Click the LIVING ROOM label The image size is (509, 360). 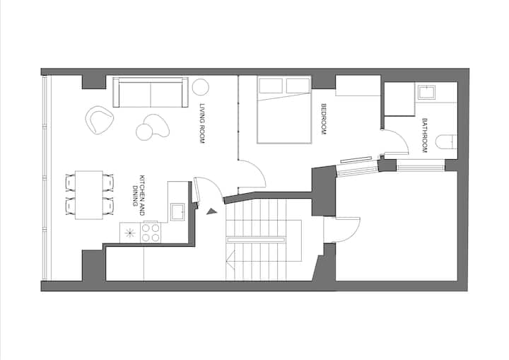coord(202,123)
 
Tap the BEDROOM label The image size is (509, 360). coord(324,119)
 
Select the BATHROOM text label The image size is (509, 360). coord(425,135)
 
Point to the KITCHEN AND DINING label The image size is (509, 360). coord(139,195)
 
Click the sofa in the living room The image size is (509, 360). coord(151,92)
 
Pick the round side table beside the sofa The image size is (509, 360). coord(200,87)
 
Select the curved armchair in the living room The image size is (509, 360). coord(100,120)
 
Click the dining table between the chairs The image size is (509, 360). coord(89,195)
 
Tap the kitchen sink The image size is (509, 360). coord(177,212)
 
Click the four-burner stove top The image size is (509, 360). coord(151,233)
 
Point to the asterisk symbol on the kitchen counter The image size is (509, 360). coord(130,233)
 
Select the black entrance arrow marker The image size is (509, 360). coord(211,211)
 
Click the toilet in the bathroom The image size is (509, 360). coord(446,142)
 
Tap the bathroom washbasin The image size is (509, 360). coord(426,92)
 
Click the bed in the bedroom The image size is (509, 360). coord(284,110)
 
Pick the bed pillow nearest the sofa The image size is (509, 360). coord(271,86)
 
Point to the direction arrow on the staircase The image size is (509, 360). coord(230,260)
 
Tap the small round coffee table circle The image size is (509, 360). coord(144,132)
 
